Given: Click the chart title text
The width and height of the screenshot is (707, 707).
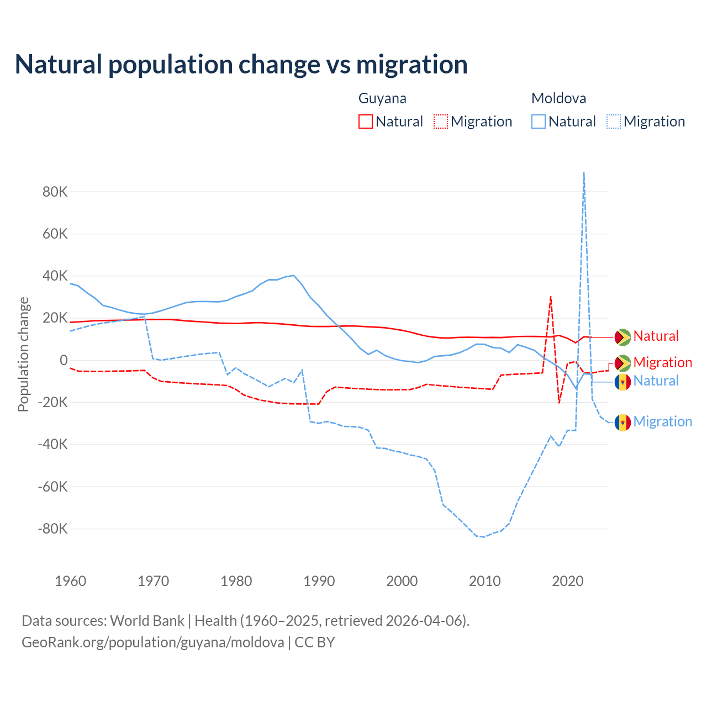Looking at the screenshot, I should (241, 65).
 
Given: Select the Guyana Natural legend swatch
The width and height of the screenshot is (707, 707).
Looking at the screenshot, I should (366, 122).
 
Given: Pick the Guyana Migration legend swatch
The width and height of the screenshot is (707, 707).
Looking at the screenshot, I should (441, 122).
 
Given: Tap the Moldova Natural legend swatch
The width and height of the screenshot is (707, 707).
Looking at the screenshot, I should (539, 122).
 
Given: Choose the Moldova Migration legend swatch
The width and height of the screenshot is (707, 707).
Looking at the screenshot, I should (614, 122).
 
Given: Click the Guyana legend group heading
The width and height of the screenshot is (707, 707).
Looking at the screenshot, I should (382, 98).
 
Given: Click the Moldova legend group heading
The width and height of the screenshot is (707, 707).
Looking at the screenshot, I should (558, 98).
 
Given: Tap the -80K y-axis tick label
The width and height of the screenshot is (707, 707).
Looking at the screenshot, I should (52, 529).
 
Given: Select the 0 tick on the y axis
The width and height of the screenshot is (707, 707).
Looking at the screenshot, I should (64, 361).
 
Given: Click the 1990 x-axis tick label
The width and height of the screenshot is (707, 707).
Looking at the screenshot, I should (319, 581).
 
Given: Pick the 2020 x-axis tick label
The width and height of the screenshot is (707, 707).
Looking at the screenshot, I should (568, 581).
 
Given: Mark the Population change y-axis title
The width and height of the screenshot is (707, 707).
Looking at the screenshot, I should (23, 354).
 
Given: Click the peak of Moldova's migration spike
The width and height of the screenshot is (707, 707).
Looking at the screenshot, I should (584, 173).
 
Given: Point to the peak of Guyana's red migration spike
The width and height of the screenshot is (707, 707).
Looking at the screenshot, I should (551, 297).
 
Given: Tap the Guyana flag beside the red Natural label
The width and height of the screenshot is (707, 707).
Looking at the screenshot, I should (622, 336).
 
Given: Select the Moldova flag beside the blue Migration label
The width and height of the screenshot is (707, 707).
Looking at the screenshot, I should (622, 423).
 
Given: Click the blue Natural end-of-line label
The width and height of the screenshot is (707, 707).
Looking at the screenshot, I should (656, 381).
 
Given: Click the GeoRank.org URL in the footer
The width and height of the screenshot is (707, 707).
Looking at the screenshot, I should (153, 642).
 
